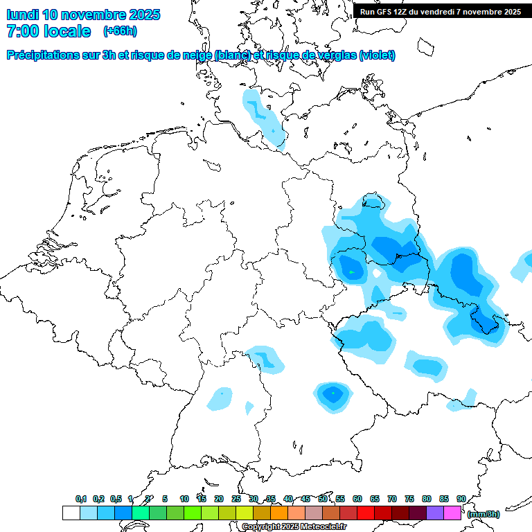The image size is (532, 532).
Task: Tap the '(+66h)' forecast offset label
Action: (120, 31)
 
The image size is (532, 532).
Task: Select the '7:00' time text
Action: (21, 31)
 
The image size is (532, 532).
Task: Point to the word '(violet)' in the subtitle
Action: (377, 55)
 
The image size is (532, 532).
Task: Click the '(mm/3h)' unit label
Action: (483, 514)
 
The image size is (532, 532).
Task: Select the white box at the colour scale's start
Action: (71, 513)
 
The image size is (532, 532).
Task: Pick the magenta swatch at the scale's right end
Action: (452, 513)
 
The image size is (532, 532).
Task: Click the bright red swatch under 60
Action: (366, 513)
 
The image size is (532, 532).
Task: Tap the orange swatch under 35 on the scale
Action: (279, 513)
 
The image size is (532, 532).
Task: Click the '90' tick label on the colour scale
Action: (461, 499)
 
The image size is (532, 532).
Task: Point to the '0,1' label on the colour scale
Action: (81, 499)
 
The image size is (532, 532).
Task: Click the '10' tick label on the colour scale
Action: (184, 499)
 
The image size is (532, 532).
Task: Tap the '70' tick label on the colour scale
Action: (392, 499)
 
